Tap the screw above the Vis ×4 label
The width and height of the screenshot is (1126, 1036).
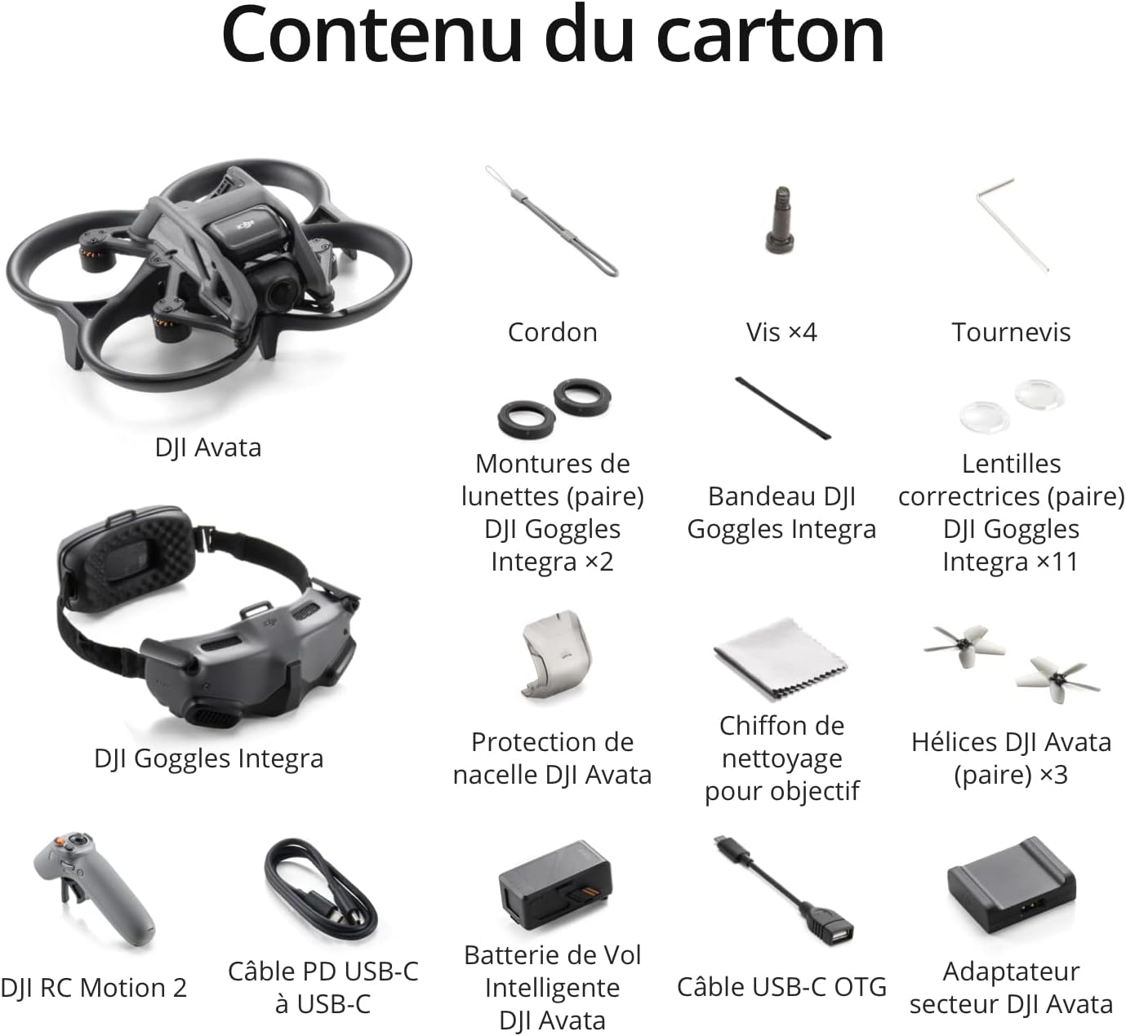pos(781,220)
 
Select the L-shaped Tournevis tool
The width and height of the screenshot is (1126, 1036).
pos(1010,224)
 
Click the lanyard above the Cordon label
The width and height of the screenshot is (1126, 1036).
pos(552,221)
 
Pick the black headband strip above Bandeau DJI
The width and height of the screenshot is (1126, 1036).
pos(782,408)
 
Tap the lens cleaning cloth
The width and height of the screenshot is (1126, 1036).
pos(781,660)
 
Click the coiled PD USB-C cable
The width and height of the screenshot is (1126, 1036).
pos(321,890)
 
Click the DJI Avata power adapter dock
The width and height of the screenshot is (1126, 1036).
pos(1011,886)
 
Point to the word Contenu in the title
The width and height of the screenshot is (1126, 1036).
pos(372,35)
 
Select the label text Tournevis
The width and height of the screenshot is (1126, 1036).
pos(1011,332)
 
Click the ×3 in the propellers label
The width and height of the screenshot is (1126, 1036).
pos(1053,775)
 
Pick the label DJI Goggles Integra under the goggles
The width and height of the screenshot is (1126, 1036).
pos(209,758)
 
